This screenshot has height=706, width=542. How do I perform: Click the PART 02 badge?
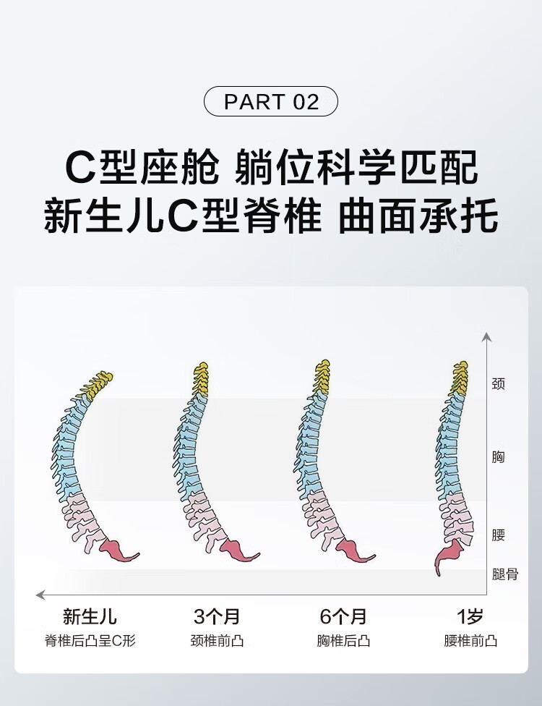click(271, 101)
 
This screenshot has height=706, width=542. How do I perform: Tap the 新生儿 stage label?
click(90, 616)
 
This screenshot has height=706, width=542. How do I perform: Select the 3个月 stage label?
click(218, 616)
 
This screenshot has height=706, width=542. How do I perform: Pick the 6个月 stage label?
click(344, 616)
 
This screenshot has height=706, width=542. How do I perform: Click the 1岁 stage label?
click(470, 616)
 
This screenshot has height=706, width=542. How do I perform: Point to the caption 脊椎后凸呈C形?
click(90, 641)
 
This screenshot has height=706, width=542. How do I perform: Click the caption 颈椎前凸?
click(218, 641)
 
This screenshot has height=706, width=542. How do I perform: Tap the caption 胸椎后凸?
click(344, 641)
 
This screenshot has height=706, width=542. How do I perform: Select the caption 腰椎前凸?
click(470, 641)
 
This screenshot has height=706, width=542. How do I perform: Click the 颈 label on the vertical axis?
click(499, 383)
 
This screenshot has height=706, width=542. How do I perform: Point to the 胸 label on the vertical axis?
click(499, 457)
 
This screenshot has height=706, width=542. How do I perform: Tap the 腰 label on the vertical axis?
click(499, 535)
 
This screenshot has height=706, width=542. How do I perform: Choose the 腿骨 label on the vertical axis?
click(505, 574)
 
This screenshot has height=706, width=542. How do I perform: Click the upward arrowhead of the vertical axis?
click(486, 337)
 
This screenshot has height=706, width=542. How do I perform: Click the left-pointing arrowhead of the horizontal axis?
click(40, 595)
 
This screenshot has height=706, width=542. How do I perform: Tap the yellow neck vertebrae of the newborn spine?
click(97, 386)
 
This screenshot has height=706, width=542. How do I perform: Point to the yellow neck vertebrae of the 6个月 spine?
click(322, 376)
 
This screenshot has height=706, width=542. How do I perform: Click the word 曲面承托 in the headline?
click(418, 216)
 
